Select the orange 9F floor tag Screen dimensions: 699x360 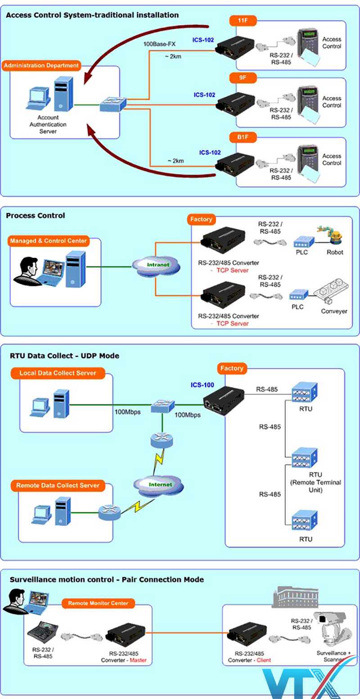tap(243, 78)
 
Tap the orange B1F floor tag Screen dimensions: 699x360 tap(243, 136)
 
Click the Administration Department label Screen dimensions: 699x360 tap(41, 66)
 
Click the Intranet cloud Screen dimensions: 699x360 tap(158, 265)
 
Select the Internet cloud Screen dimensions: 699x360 tap(160, 485)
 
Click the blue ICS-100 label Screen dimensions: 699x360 tap(202, 385)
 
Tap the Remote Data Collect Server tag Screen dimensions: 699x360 tap(58, 486)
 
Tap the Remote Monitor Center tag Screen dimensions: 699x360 tap(98, 603)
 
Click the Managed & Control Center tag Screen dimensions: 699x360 tap(48, 241)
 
